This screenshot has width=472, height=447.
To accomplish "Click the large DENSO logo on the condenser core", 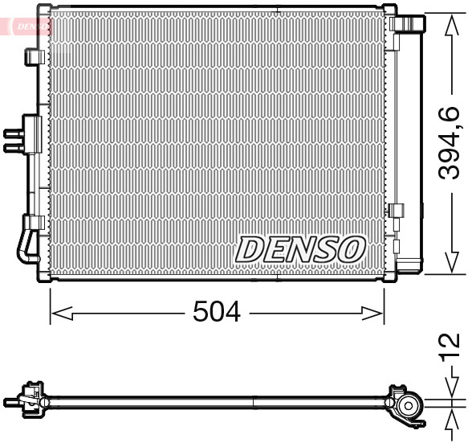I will (x=300, y=249).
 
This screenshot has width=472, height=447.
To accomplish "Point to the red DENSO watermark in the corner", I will (x=27, y=25).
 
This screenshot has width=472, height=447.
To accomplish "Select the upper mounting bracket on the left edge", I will (x=35, y=57).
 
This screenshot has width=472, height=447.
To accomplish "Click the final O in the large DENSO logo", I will (x=351, y=249).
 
